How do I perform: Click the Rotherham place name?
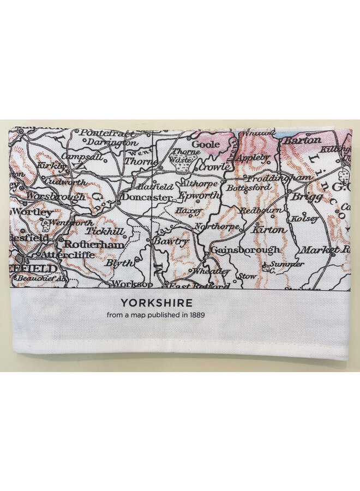[93, 245]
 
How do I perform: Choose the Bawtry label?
[170, 241]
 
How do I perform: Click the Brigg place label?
[307, 197]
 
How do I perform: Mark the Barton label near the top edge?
[302, 140]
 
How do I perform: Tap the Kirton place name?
[268, 230]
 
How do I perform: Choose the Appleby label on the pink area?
[254, 158]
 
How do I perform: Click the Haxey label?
[189, 210]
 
